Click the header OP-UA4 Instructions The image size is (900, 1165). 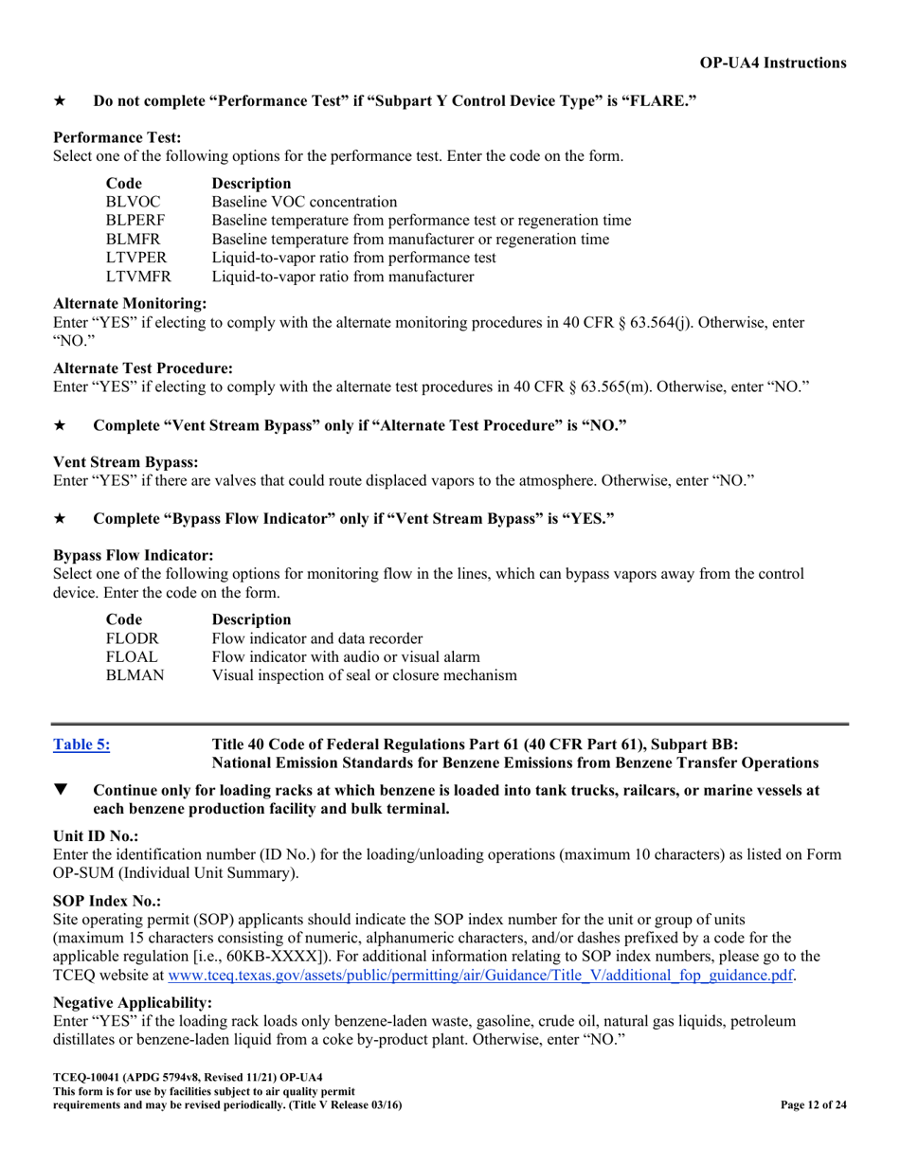click(x=773, y=63)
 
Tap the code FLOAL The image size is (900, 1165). click(x=131, y=657)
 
